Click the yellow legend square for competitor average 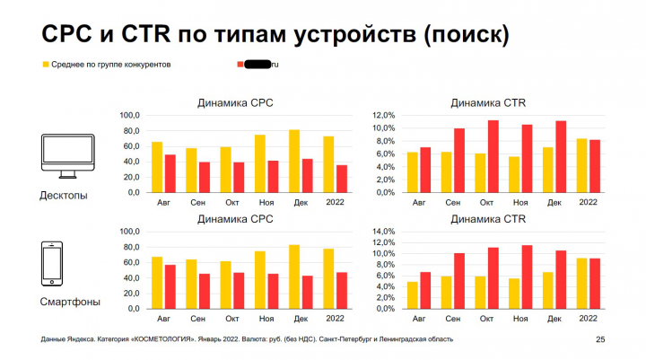click(45, 65)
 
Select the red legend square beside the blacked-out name click(240, 65)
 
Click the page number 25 click(600, 339)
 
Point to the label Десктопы click(63, 196)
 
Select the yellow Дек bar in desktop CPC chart click(293, 161)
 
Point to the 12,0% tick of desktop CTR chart click(382, 116)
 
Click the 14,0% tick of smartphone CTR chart click(382, 232)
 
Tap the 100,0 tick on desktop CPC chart click(129, 116)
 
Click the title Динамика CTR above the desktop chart click(488, 103)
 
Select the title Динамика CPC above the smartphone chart click(235, 218)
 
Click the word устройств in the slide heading click(354, 35)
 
